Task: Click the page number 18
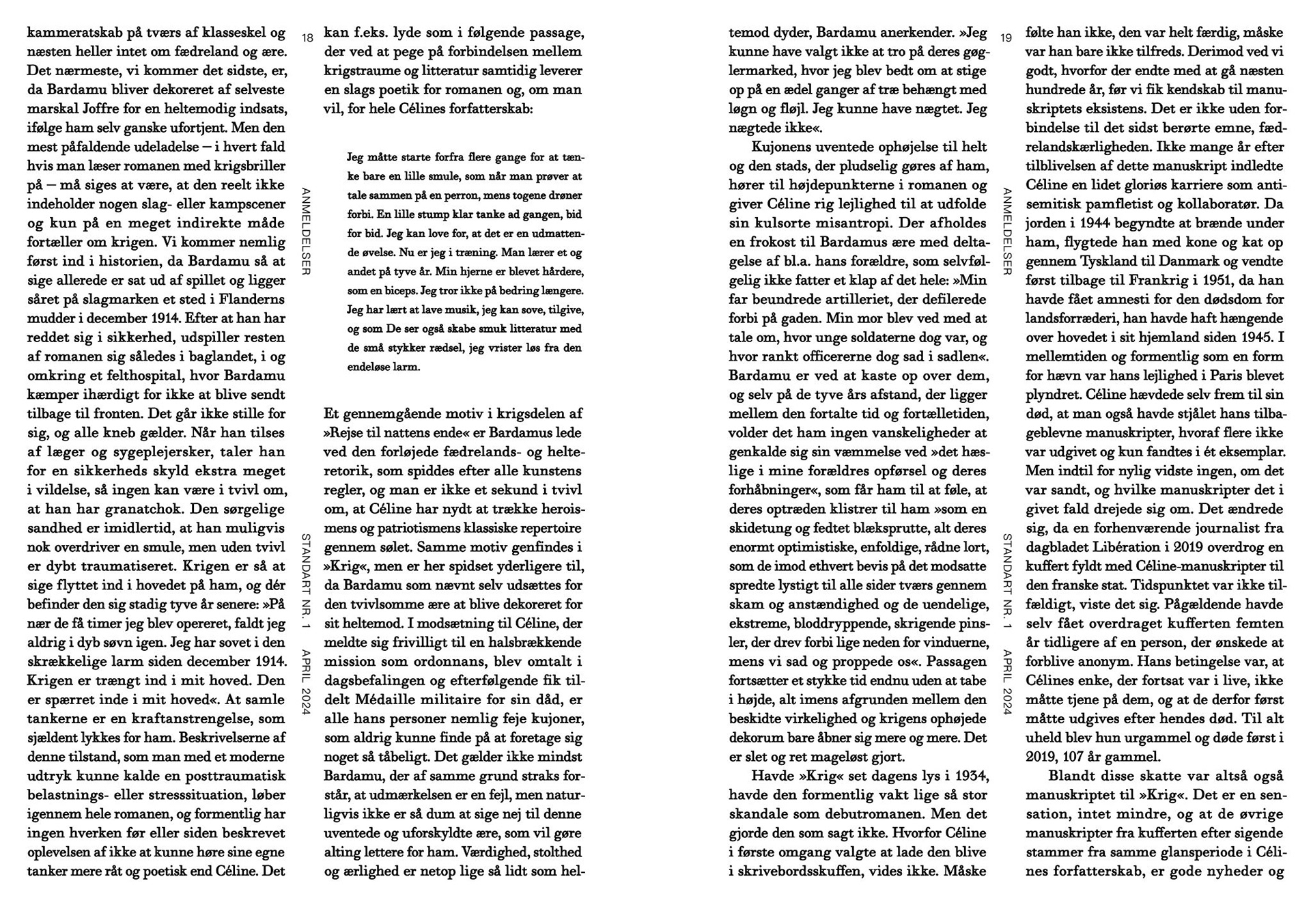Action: (x=307, y=38)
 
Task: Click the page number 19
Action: (x=1005, y=38)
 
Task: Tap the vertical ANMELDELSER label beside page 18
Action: (x=307, y=232)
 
